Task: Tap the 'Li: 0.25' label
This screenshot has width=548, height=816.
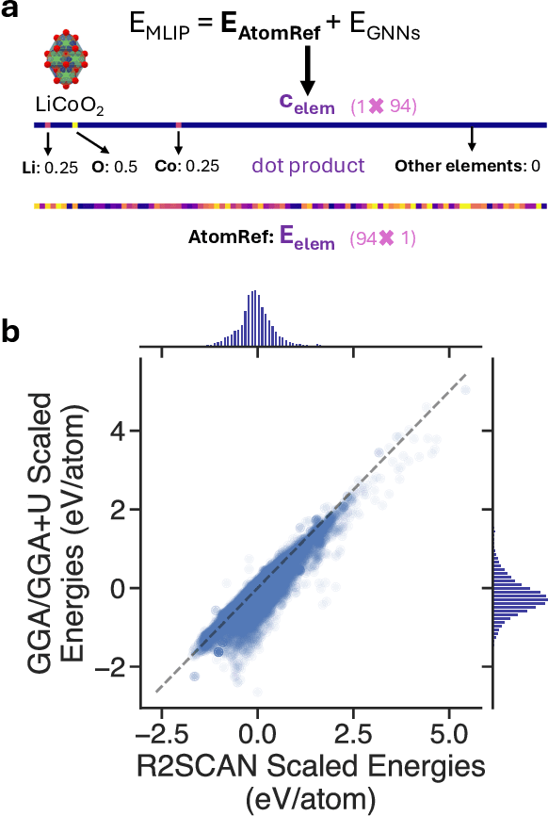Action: tap(49, 167)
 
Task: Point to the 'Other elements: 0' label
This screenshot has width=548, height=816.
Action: tap(467, 167)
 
